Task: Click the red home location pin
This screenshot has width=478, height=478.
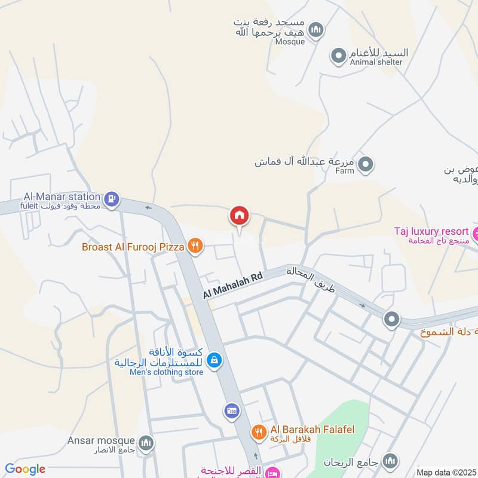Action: point(240,215)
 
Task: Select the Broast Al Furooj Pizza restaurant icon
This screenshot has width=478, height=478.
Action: point(194,245)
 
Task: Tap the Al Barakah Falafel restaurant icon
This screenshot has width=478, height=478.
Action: point(259,432)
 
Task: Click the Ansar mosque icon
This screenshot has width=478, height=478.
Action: point(145,443)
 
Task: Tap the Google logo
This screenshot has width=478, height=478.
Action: point(25,469)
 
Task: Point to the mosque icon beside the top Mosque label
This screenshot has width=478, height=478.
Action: point(316,29)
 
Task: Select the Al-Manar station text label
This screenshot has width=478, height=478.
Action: point(62,196)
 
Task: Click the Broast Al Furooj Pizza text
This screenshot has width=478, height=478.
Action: point(134,246)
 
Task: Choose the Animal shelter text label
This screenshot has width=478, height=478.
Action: point(368,62)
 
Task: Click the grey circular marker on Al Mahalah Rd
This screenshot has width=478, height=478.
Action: point(391,319)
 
